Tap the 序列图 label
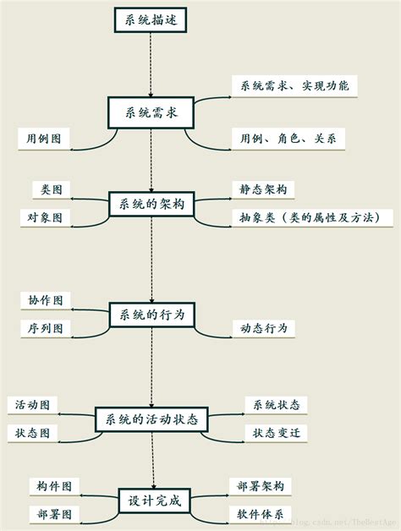45,328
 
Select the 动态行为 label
264,328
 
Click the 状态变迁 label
276,433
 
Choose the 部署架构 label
261,485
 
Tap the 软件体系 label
261,513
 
